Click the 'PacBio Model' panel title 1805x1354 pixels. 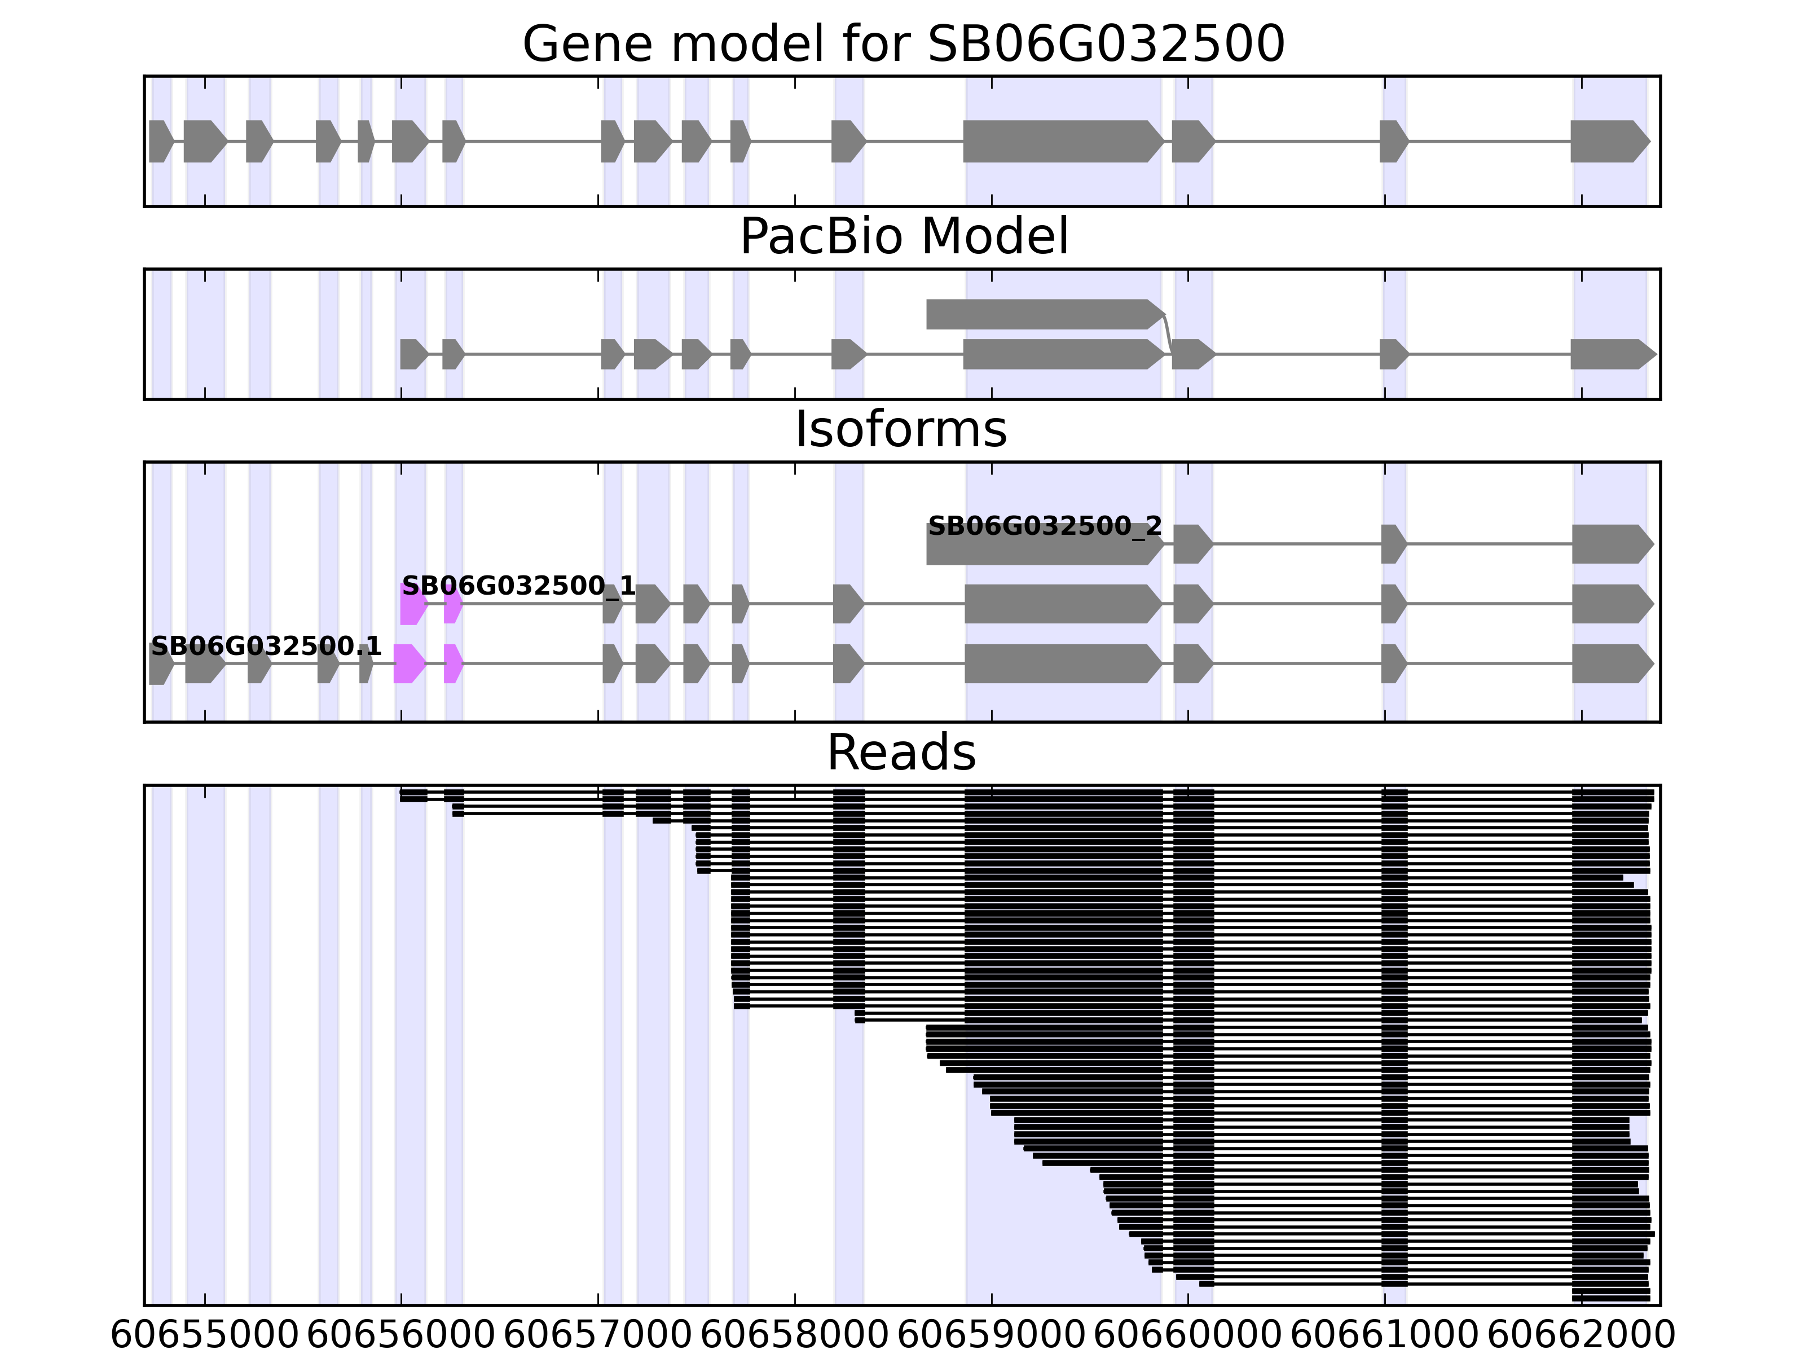(903, 237)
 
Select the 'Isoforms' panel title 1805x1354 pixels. (901, 429)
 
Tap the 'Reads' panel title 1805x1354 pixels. (901, 753)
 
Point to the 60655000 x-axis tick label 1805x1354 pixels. (205, 1336)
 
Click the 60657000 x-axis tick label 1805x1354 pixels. (598, 1336)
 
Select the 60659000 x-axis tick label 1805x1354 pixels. (992, 1336)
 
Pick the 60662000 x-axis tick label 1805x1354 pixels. (1582, 1336)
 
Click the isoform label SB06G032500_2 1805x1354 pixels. (1045, 526)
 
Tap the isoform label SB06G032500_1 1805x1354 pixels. (518, 586)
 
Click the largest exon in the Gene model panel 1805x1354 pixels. (1061, 141)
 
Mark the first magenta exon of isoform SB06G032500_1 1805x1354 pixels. (413, 605)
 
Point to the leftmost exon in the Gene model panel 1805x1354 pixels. (160, 141)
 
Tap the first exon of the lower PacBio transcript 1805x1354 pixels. (413, 354)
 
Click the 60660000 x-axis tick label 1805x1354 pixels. (1188, 1336)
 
